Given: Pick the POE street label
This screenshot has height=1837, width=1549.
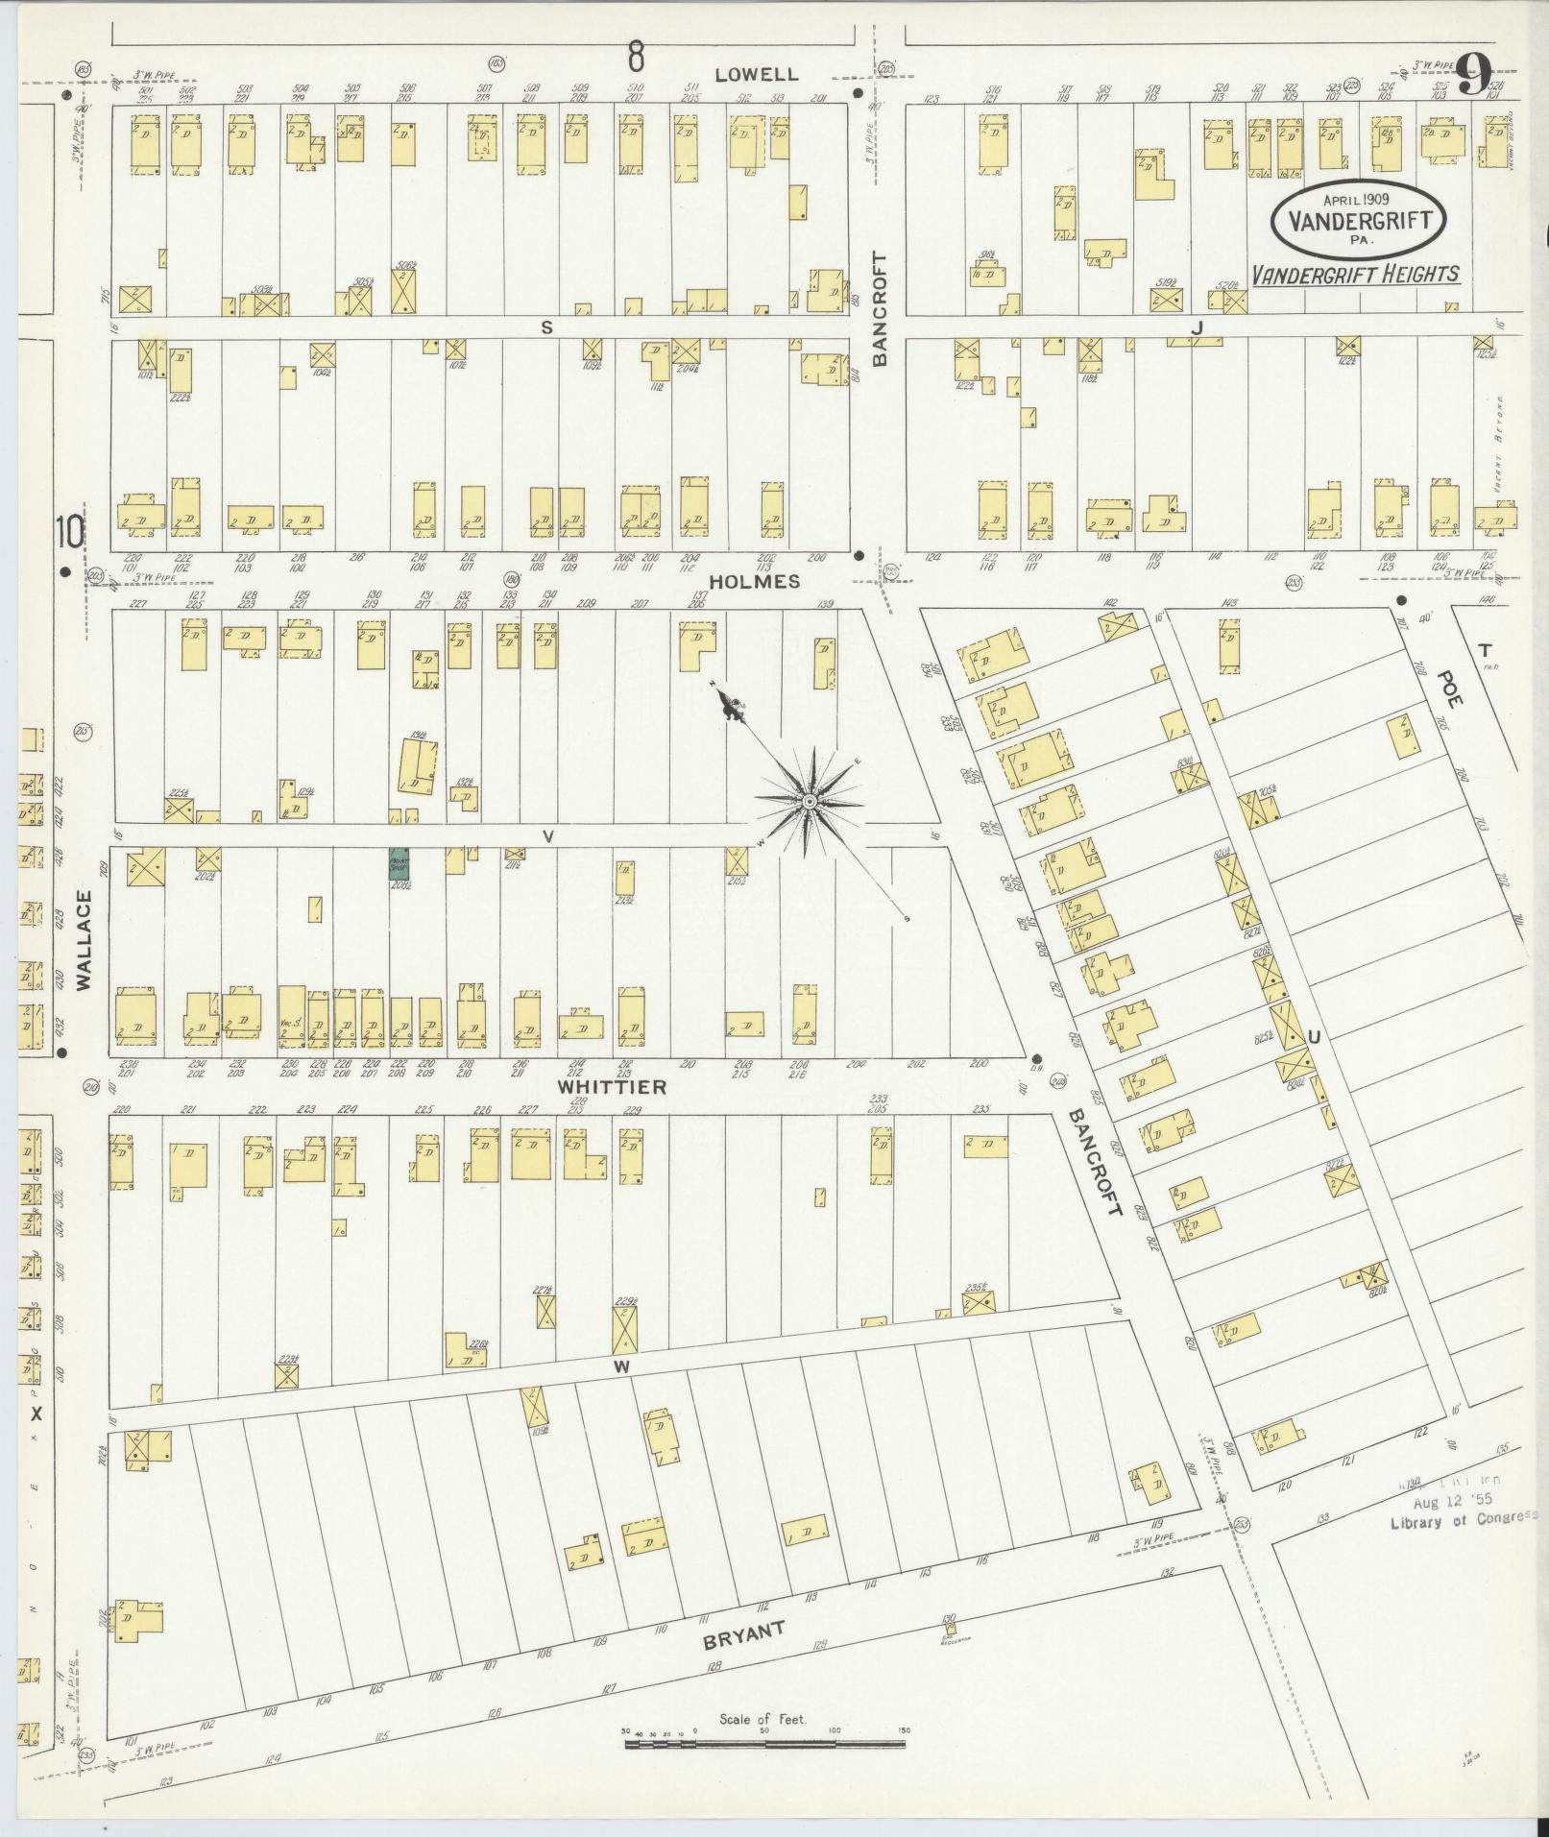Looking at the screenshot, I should tap(1448, 688).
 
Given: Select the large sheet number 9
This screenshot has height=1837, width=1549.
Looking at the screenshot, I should tap(1474, 74).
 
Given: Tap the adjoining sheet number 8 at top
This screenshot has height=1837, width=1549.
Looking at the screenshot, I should tap(635, 58).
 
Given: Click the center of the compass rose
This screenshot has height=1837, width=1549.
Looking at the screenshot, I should tap(810, 801).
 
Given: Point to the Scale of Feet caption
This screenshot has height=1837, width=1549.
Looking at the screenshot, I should tap(763, 1718).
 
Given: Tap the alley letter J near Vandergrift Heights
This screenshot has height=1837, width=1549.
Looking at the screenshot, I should tap(1197, 328).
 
